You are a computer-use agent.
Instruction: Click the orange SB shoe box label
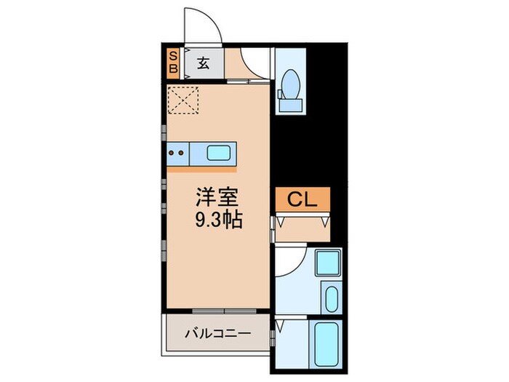pyautogui.click(x=173, y=63)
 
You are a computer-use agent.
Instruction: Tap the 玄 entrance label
pyautogui.click(x=203, y=63)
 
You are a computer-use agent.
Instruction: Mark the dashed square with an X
pyautogui.click(x=184, y=100)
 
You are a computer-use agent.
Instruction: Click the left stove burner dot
pyautogui.click(x=171, y=153)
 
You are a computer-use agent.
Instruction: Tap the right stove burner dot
pyautogui.click(x=180, y=153)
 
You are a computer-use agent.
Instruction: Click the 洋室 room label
pyautogui.click(x=217, y=196)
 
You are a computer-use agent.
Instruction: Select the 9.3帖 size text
pyautogui.click(x=217, y=218)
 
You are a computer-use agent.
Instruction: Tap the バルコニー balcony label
pyautogui.click(x=217, y=333)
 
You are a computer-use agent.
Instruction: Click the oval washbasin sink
pyautogui.click(x=332, y=298)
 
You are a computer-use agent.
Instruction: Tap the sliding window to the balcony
pyautogui.click(x=215, y=311)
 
